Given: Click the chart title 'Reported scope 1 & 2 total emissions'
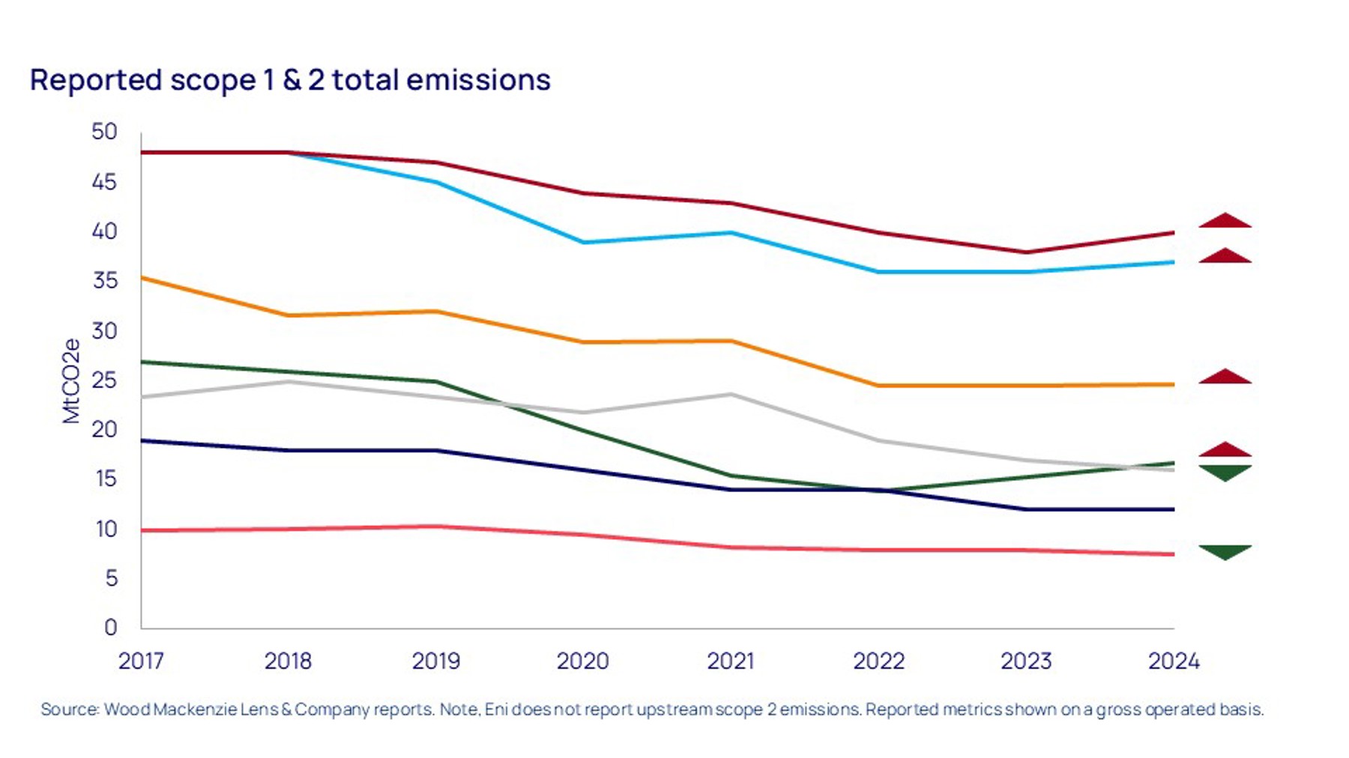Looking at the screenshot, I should click(290, 80).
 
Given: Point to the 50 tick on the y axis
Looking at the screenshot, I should click(104, 132).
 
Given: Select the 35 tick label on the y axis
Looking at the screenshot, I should click(104, 280).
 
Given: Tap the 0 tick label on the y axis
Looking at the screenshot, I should click(110, 627).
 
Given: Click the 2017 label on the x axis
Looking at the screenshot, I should click(141, 661).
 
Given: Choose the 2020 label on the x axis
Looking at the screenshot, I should click(582, 661).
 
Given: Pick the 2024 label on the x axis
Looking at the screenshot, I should click(1174, 661).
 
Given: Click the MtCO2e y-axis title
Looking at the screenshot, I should click(71, 380).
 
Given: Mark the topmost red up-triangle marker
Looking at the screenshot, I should click(1225, 220).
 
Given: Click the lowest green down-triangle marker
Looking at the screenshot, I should click(1225, 552).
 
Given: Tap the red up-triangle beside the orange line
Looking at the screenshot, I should click(1225, 376).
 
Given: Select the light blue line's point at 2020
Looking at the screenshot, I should click(583, 242).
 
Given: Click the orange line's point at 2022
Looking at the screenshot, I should click(878, 385).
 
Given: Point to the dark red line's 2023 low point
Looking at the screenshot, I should click(1026, 252).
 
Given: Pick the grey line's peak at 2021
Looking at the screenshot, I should click(731, 394).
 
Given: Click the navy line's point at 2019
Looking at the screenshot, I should click(436, 450).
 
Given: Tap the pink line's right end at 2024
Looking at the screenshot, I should click(1173, 554).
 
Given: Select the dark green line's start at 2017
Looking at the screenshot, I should click(142, 362).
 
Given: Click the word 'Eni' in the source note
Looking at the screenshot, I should click(495, 709).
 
